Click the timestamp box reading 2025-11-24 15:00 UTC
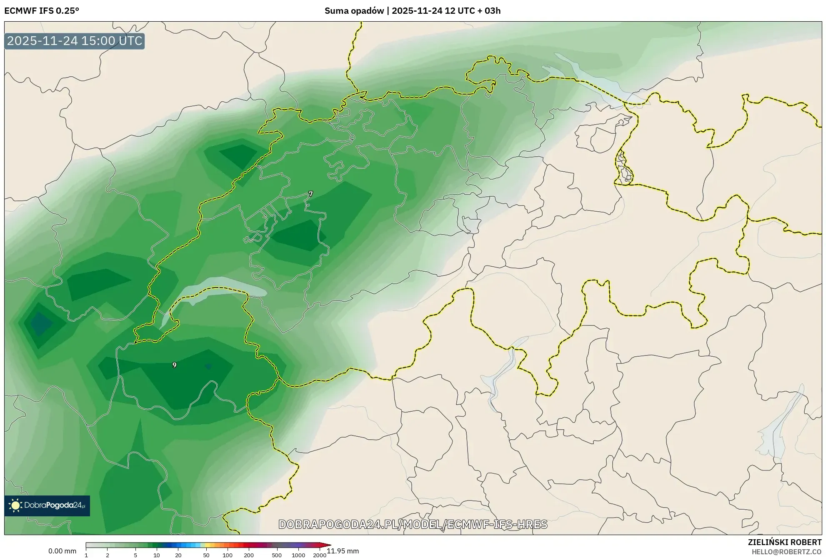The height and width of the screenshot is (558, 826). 75,41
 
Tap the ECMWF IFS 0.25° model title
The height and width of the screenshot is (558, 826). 41,11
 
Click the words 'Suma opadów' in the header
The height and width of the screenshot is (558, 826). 354,11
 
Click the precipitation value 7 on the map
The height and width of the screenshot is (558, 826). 310,194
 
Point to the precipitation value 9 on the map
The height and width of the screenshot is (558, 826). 174,365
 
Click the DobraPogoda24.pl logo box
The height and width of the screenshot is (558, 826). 47,505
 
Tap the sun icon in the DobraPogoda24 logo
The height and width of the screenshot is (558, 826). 15,505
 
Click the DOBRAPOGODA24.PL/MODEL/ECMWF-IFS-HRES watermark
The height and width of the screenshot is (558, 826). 413,524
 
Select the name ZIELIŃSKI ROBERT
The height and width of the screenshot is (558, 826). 784,542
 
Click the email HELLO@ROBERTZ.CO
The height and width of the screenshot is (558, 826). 786,552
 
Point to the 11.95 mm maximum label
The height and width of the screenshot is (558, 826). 343,551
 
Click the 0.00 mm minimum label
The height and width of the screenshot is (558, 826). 62,551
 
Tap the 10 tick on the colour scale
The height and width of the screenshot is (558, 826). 157,555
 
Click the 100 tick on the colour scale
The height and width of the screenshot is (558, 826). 227,555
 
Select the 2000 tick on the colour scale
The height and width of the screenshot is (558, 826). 319,555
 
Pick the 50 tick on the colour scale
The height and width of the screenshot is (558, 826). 206,555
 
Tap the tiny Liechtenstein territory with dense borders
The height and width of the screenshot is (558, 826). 624,169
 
